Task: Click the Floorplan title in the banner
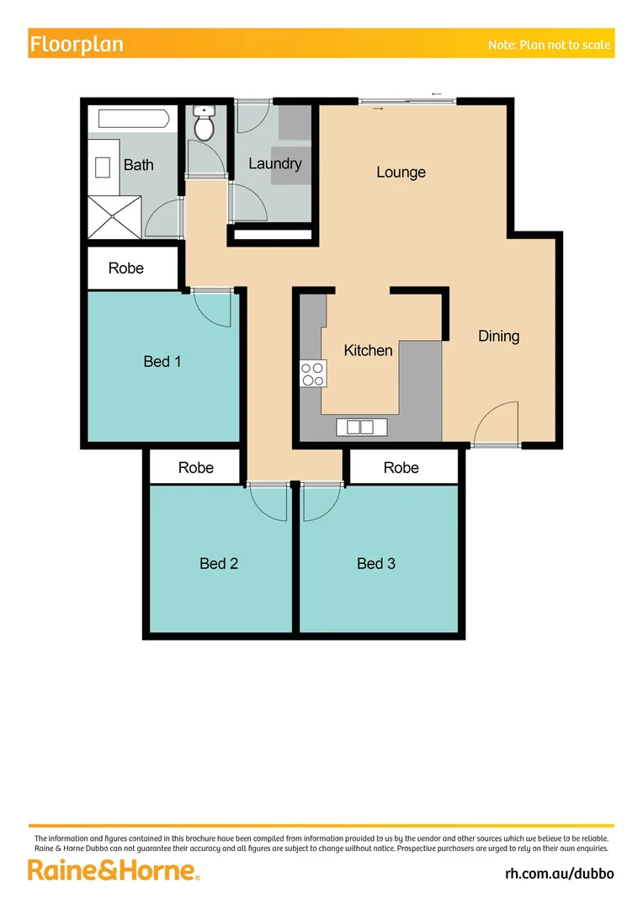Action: click(x=77, y=45)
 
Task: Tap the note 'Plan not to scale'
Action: click(x=549, y=45)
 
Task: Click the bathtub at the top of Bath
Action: click(x=133, y=118)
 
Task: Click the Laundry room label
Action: click(x=274, y=163)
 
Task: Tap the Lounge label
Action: click(x=401, y=172)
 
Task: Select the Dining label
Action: click(x=498, y=336)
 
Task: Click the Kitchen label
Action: click(x=368, y=350)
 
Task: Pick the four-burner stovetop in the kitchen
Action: click(x=313, y=373)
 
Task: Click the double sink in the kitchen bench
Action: click(x=359, y=428)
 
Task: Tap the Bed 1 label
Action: click(x=162, y=361)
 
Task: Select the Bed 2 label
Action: click(x=219, y=563)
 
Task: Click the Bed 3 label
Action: click(x=375, y=563)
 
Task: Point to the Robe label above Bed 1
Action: click(x=126, y=268)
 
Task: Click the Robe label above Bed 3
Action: click(x=401, y=467)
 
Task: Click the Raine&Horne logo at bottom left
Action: click(x=114, y=869)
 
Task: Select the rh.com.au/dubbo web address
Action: click(x=559, y=873)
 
